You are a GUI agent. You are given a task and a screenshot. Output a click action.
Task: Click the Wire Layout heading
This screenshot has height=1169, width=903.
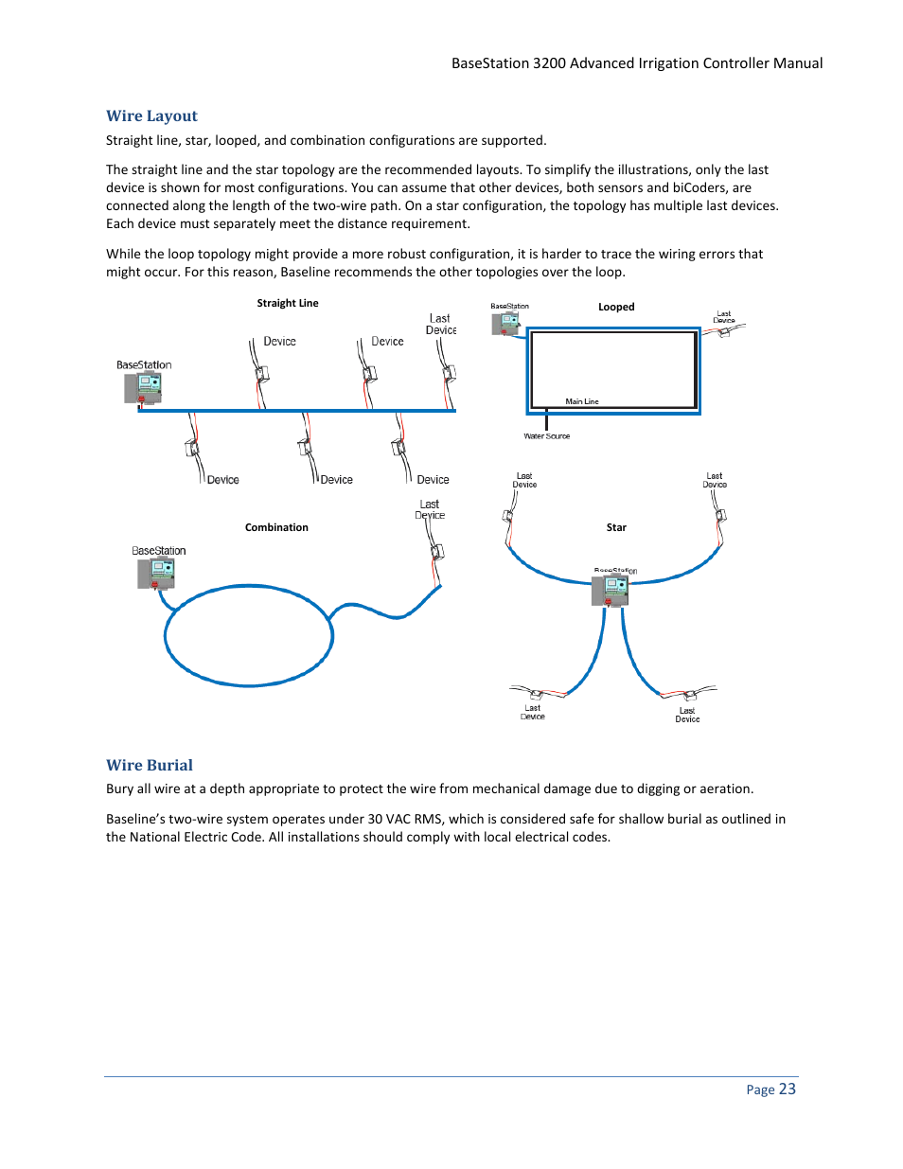point(151,116)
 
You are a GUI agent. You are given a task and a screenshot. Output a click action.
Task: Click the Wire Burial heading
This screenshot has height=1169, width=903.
point(150,765)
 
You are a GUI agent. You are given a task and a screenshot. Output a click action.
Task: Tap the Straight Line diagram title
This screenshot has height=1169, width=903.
point(288,304)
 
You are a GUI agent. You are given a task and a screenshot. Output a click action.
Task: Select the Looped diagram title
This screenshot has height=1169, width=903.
point(616,307)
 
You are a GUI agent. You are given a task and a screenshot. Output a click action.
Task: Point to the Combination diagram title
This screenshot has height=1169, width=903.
point(276,528)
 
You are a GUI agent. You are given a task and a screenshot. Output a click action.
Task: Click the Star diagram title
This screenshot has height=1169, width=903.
point(616,528)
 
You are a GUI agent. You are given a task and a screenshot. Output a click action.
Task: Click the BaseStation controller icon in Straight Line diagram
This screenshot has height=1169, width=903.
point(144,387)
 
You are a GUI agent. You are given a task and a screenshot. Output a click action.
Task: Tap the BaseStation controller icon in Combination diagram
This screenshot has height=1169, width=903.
point(157,573)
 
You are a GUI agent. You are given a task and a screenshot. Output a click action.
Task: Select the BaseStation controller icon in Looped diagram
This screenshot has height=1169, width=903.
point(506,323)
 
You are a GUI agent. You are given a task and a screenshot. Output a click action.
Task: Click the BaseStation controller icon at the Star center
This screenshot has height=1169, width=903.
point(611,590)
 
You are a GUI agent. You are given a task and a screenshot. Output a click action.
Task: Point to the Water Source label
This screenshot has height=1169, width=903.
point(547,436)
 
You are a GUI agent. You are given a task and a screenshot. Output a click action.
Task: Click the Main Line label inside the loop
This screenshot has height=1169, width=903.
point(582,401)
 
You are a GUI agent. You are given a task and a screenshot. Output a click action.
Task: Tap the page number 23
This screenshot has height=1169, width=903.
point(788,1089)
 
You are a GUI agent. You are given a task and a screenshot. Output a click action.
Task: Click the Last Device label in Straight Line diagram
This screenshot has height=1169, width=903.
point(441,325)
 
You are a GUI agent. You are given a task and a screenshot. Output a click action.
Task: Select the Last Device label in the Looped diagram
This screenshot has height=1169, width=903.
point(724,317)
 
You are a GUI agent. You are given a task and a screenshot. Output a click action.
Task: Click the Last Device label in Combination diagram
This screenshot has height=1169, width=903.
point(430,510)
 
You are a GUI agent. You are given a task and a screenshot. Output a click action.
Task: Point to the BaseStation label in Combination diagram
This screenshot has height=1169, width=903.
point(159,551)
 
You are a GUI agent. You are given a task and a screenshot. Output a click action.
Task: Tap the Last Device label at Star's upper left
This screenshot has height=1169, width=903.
point(524,481)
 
